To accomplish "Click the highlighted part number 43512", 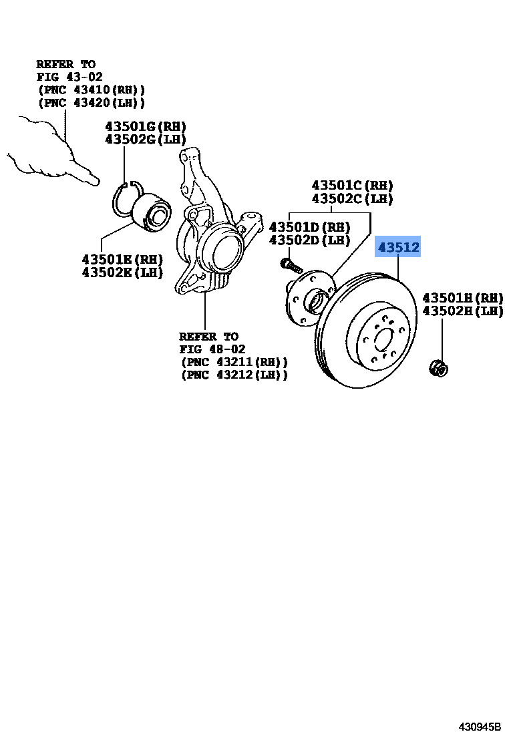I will tap(399, 248).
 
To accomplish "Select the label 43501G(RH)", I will tap(145, 126).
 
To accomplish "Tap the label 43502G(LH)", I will tap(145, 139).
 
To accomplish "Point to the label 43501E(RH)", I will tap(122, 259).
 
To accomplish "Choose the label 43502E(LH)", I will tap(122, 272).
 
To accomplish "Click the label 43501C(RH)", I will tap(352, 186).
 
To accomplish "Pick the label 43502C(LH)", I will tap(352, 199).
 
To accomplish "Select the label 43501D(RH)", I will tap(309, 227).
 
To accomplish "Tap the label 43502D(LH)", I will tap(309, 240).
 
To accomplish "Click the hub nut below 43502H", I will tap(438, 367).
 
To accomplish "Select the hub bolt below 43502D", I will tap(291, 265).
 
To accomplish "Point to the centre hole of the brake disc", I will tap(383, 340).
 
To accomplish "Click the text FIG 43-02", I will tap(69, 77).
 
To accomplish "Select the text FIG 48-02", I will tap(212, 349).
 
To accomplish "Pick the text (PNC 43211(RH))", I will tap(234, 362).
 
